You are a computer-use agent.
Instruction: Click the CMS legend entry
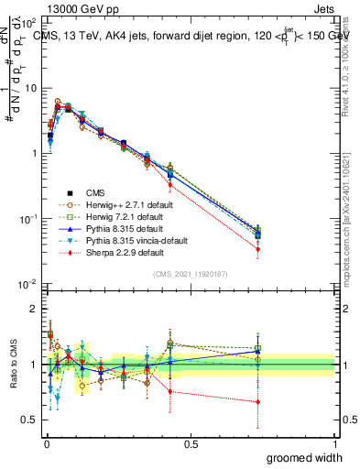(96, 192)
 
